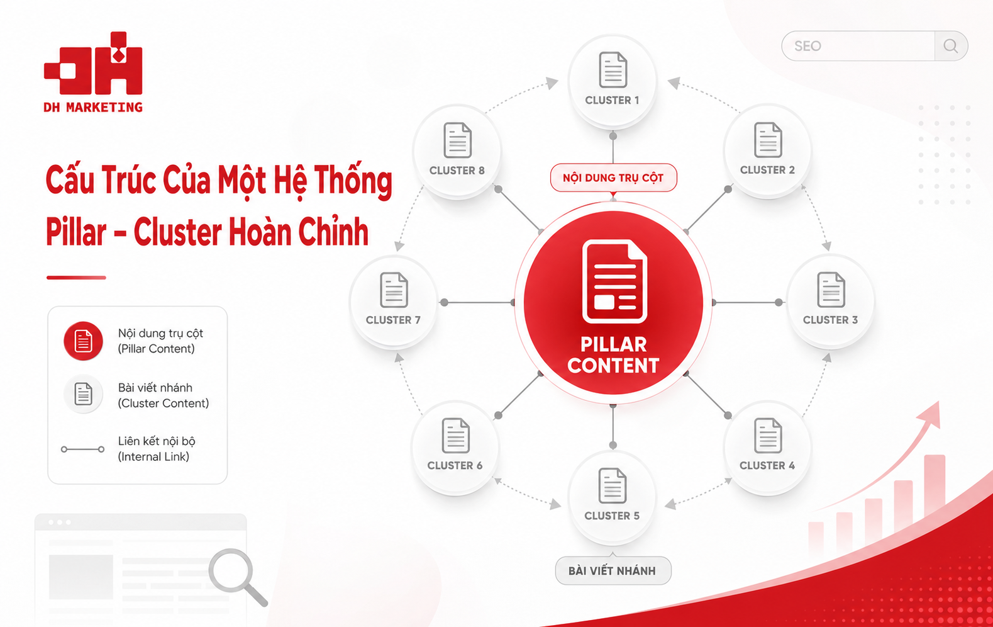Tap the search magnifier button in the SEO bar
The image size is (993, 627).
pos(950,46)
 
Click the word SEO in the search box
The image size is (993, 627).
pos(807,46)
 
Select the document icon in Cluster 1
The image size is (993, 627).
pos(613,70)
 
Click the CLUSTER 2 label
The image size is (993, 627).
pos(767,170)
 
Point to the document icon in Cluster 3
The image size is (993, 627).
pos(831,290)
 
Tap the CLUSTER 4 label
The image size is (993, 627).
pos(767,465)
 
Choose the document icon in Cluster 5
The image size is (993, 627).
pos(612,486)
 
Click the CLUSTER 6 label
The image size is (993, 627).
pos(455,465)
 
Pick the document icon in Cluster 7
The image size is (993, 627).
pos(394,290)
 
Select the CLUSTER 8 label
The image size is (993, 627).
pos(457,171)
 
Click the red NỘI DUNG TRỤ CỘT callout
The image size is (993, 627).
pos(613,178)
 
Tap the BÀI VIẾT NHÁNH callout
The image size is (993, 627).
pos(613,570)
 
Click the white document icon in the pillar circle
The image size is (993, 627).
pos(614,281)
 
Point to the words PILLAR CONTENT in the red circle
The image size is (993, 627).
pos(614,355)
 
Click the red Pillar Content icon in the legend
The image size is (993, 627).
pos(84,341)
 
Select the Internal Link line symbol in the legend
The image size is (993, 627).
pos(83,449)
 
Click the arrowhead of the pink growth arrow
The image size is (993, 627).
pos(931,414)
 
